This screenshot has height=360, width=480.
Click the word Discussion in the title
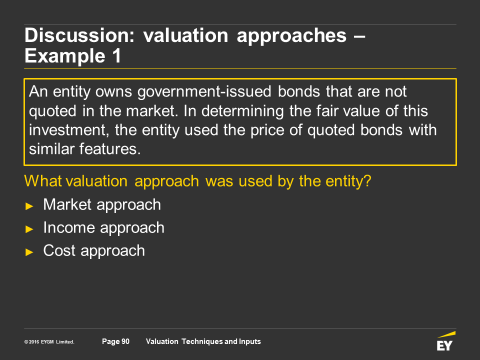coord(79,35)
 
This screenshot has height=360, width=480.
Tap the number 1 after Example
coord(116,56)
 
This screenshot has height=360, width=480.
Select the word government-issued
coord(204,92)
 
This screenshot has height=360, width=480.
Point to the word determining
coord(242,111)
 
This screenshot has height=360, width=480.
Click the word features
coord(110,149)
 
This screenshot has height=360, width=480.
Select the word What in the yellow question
coord(43,181)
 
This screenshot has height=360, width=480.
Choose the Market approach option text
coord(102,205)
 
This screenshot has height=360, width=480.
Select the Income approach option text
coord(104,228)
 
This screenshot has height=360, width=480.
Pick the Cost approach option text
coord(94,251)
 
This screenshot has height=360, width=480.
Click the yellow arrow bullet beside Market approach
coord(29,206)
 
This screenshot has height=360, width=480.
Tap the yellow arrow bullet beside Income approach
coord(29,229)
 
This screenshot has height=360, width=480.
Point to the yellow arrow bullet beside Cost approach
coord(29,252)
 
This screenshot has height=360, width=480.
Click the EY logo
coord(445,341)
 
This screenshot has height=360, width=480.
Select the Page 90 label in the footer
coord(115,341)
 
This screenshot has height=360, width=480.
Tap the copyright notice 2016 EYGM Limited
coord(49,342)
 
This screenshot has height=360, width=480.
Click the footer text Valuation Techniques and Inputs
coord(203,341)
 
